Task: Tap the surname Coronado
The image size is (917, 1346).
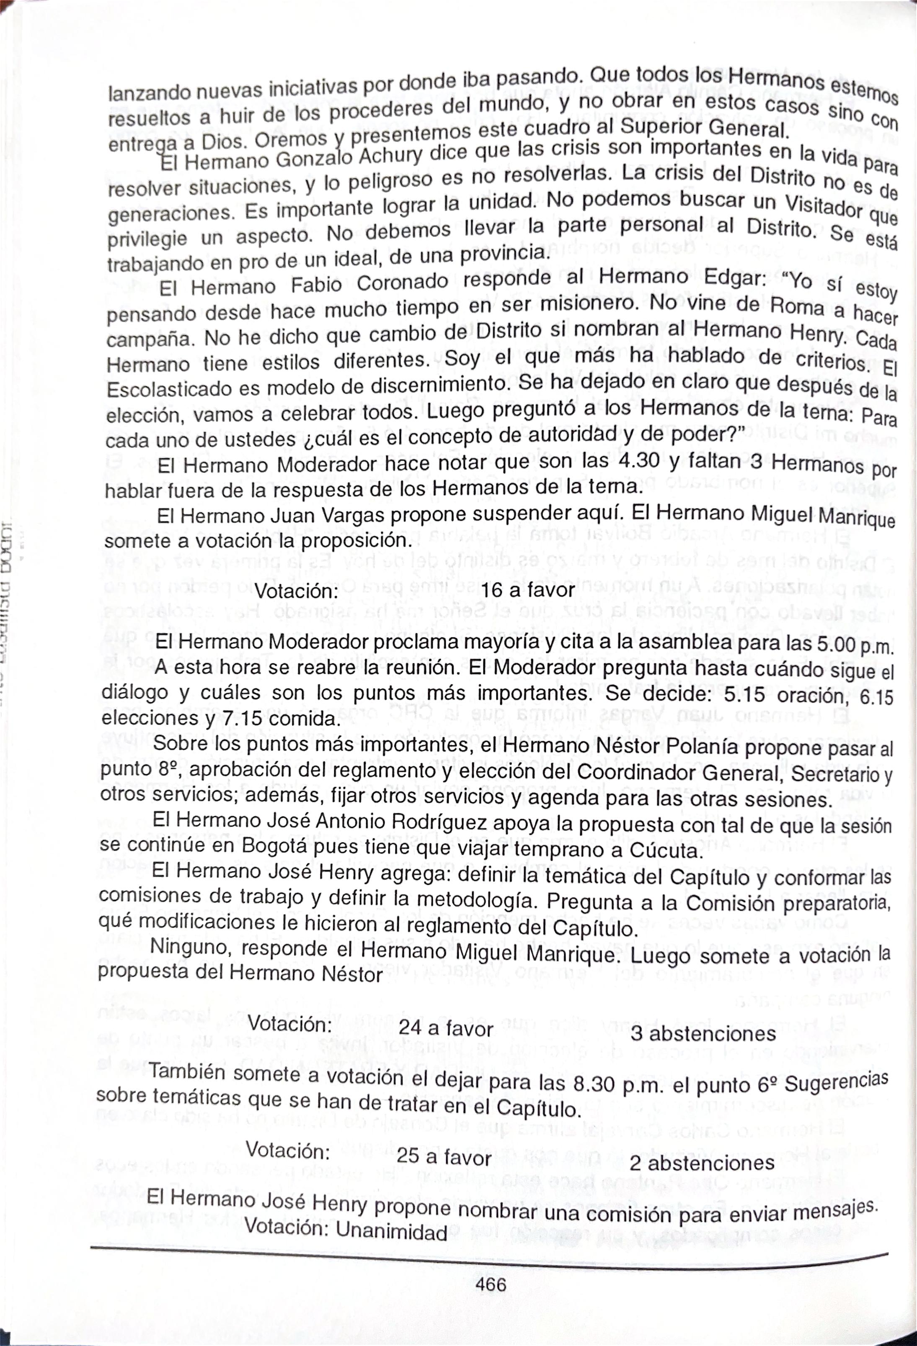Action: point(402,283)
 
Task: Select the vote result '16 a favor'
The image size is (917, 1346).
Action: point(527,590)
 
